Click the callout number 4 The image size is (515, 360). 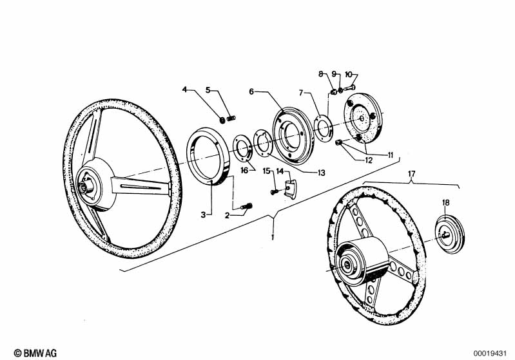[184, 90]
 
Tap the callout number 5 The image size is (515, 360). [208, 90]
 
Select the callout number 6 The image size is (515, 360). [251, 91]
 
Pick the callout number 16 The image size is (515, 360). [244, 170]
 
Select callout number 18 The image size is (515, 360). [445, 203]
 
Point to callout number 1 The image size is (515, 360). [273, 237]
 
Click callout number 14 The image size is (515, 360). [280, 171]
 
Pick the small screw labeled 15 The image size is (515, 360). [273, 190]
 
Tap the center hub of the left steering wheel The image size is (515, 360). [86, 187]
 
